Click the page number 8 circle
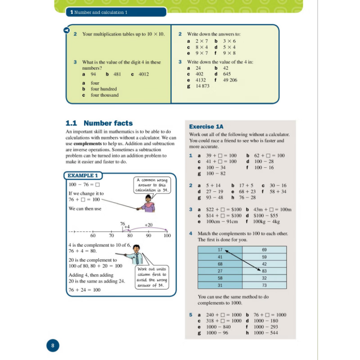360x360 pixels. point(53,346)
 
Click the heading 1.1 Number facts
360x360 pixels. point(99,123)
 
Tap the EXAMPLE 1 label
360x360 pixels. point(83,175)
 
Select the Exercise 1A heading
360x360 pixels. point(206,127)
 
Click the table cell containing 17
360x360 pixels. point(220,250)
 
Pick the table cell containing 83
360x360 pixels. point(264,271)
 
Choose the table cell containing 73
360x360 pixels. point(264,285)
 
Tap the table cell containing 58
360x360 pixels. point(220,278)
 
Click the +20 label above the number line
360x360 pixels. point(148,225)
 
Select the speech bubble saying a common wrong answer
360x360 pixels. point(151,184)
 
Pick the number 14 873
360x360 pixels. point(202,86)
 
